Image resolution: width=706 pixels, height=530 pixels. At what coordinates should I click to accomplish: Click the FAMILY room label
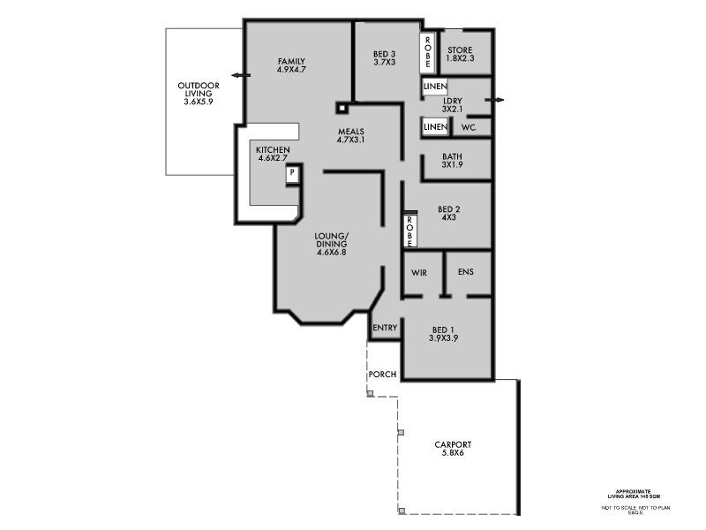click(291, 64)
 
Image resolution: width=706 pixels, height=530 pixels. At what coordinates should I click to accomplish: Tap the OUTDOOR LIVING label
click(199, 94)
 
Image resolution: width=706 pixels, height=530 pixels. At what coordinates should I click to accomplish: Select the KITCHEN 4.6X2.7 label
click(273, 155)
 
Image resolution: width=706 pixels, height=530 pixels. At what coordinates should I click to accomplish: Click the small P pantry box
click(290, 174)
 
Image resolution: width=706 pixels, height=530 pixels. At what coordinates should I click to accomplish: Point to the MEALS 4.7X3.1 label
click(350, 135)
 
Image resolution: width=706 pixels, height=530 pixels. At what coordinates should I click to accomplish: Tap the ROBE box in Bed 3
click(426, 52)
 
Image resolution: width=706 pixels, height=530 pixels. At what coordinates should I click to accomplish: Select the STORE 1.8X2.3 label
click(460, 54)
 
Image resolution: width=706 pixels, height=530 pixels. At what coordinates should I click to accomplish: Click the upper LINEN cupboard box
click(434, 87)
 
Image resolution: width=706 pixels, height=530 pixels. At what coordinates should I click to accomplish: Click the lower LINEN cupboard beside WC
click(435, 127)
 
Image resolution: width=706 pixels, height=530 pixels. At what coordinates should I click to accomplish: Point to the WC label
click(469, 127)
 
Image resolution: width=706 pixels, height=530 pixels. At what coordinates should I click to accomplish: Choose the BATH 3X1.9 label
click(453, 160)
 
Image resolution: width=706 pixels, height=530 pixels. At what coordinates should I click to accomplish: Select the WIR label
click(419, 272)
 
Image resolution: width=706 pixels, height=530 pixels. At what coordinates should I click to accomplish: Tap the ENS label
click(465, 271)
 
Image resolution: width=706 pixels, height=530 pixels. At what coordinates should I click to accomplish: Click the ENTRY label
click(385, 328)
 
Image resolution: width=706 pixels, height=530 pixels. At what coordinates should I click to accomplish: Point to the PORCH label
click(383, 374)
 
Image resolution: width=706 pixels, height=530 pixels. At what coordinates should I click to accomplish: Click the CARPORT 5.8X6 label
click(453, 449)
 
